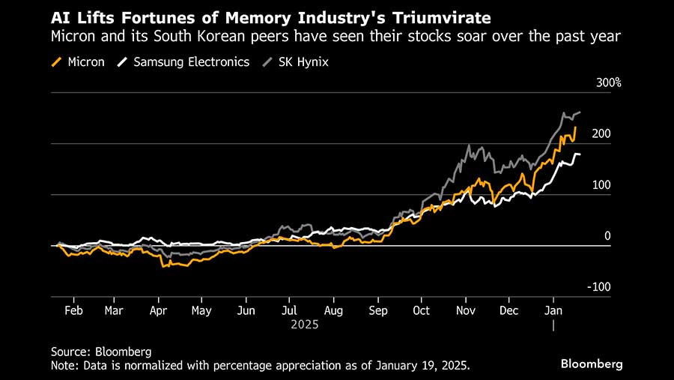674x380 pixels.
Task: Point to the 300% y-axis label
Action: tap(609, 82)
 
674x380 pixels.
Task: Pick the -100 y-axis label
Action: tap(600, 287)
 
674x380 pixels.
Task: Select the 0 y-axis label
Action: tap(607, 236)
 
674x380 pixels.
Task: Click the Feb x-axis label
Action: tap(73, 310)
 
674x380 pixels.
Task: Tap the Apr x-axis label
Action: tap(158, 310)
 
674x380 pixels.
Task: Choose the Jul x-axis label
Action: tap(290, 310)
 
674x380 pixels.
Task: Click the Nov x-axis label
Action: tap(467, 310)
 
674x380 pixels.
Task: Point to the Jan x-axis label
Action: tap(553, 310)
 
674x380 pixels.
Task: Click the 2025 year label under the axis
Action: tap(305, 325)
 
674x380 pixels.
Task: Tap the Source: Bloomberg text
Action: tap(101, 351)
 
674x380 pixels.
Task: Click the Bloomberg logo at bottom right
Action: tap(592, 364)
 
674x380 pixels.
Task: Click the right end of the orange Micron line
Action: tap(575, 127)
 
